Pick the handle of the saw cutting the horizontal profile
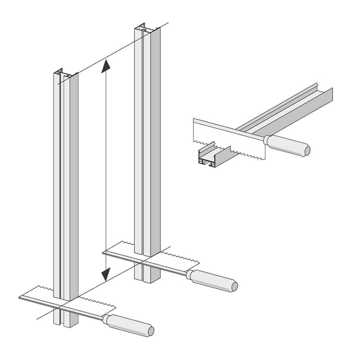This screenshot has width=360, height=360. [288, 145]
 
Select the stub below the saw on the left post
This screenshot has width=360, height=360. [63, 317]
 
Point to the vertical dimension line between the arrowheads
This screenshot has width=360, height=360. [105, 171]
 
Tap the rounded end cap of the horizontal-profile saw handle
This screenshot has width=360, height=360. [307, 149]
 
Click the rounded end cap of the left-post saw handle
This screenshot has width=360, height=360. [151, 330]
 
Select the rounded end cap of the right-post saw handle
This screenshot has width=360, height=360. [234, 286]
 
